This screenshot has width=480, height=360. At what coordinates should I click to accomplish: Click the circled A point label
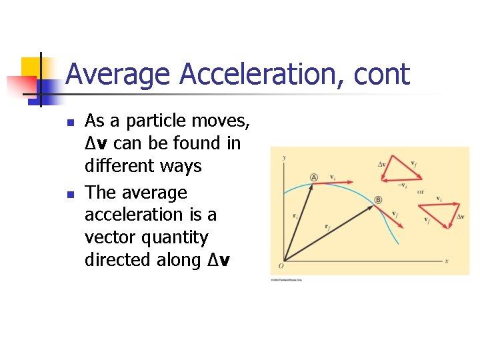pyautogui.click(x=313, y=177)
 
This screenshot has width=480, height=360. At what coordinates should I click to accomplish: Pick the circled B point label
pyautogui.click(x=378, y=200)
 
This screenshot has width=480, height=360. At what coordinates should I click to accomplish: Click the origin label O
pyautogui.click(x=281, y=267)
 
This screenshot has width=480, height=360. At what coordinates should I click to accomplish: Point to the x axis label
pyautogui.click(x=446, y=261)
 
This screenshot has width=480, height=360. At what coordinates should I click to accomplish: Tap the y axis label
pyautogui.click(x=285, y=157)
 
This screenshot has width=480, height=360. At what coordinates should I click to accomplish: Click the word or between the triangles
pyautogui.click(x=420, y=193)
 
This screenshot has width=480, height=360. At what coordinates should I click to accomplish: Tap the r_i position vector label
pyautogui.click(x=294, y=215)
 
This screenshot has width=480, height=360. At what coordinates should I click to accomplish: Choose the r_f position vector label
pyautogui.click(x=328, y=227)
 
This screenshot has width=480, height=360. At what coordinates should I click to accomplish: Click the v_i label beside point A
pyautogui.click(x=332, y=177)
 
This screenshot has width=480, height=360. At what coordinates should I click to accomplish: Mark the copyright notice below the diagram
pyautogui.click(x=287, y=280)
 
